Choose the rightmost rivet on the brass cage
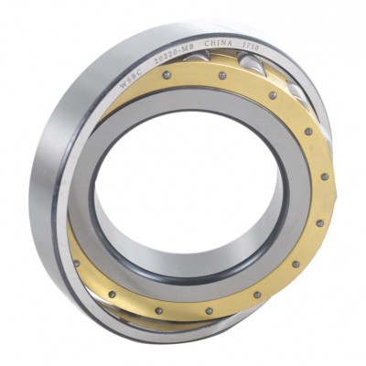point(325,177)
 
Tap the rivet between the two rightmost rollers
point(273,95)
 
